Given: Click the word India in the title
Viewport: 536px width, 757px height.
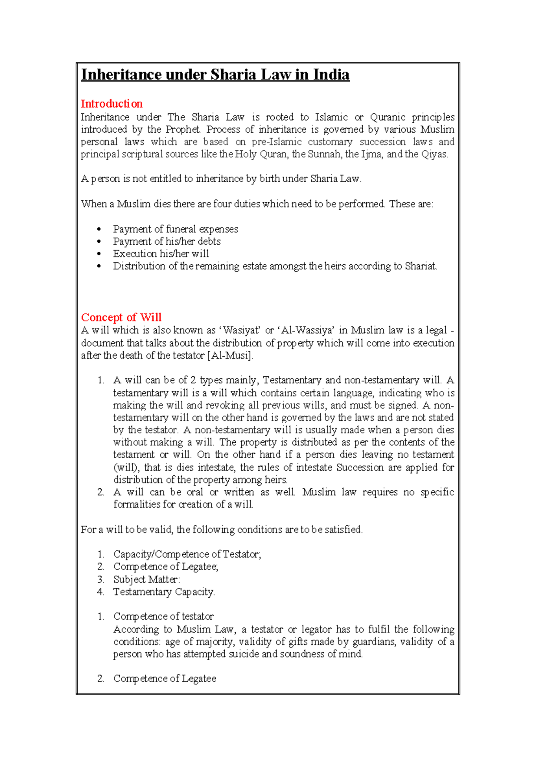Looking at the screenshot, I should coord(331,75).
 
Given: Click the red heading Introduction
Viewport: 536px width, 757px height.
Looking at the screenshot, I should coord(111,104).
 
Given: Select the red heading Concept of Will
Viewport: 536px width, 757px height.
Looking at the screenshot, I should coord(121,317).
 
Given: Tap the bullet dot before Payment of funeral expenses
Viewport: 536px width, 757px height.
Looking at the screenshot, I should coord(99,229).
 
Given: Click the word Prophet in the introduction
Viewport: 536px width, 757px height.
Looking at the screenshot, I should coord(182,129).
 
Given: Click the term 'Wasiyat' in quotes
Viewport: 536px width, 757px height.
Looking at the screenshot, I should coord(241,331).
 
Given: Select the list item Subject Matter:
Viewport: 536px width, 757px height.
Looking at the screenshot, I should coord(147,579).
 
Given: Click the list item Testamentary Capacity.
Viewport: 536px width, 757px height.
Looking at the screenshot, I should coord(164,592).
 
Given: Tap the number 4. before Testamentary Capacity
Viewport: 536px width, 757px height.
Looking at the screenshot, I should coord(100,592).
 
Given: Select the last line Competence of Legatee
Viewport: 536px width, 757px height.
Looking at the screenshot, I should coord(164,678).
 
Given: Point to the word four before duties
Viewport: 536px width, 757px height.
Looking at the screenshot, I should coord(222,204).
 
